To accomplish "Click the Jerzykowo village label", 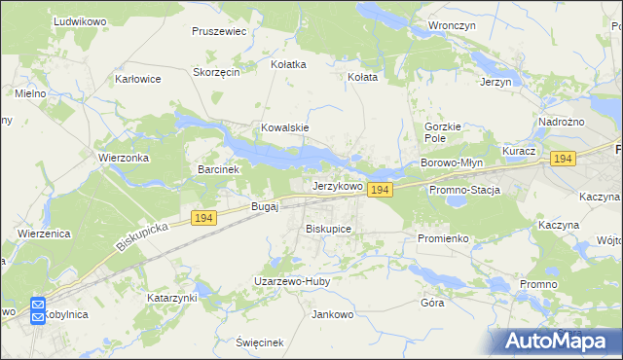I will pos(337,186).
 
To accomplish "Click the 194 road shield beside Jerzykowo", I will pos(380,191).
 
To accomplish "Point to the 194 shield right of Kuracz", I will pos(561,158).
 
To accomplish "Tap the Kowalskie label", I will pos(285,127).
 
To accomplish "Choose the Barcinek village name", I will pos(218,169).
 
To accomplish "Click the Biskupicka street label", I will pos(143,235).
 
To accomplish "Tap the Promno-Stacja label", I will pos(464,190).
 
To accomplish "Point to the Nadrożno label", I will pos(561,122).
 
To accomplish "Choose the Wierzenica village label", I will pos(47,234).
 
